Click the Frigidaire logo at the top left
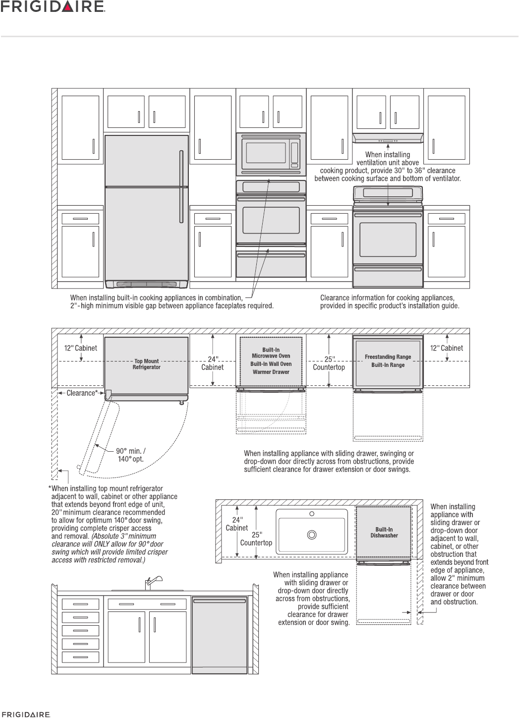[55, 7]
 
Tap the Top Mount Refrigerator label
[147, 364]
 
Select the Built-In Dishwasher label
[384, 533]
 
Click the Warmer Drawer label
[271, 372]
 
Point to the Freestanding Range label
[388, 357]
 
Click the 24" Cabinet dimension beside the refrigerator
[212, 363]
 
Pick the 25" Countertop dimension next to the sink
[256, 539]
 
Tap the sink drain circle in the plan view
[312, 535]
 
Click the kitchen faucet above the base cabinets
[149, 582]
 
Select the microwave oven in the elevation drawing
[271, 154]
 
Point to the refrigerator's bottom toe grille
[146, 284]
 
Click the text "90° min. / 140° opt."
[130, 455]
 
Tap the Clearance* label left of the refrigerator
[82, 393]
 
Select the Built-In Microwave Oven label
[271, 353]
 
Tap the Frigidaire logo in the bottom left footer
[25, 715]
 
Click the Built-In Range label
[388, 365]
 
